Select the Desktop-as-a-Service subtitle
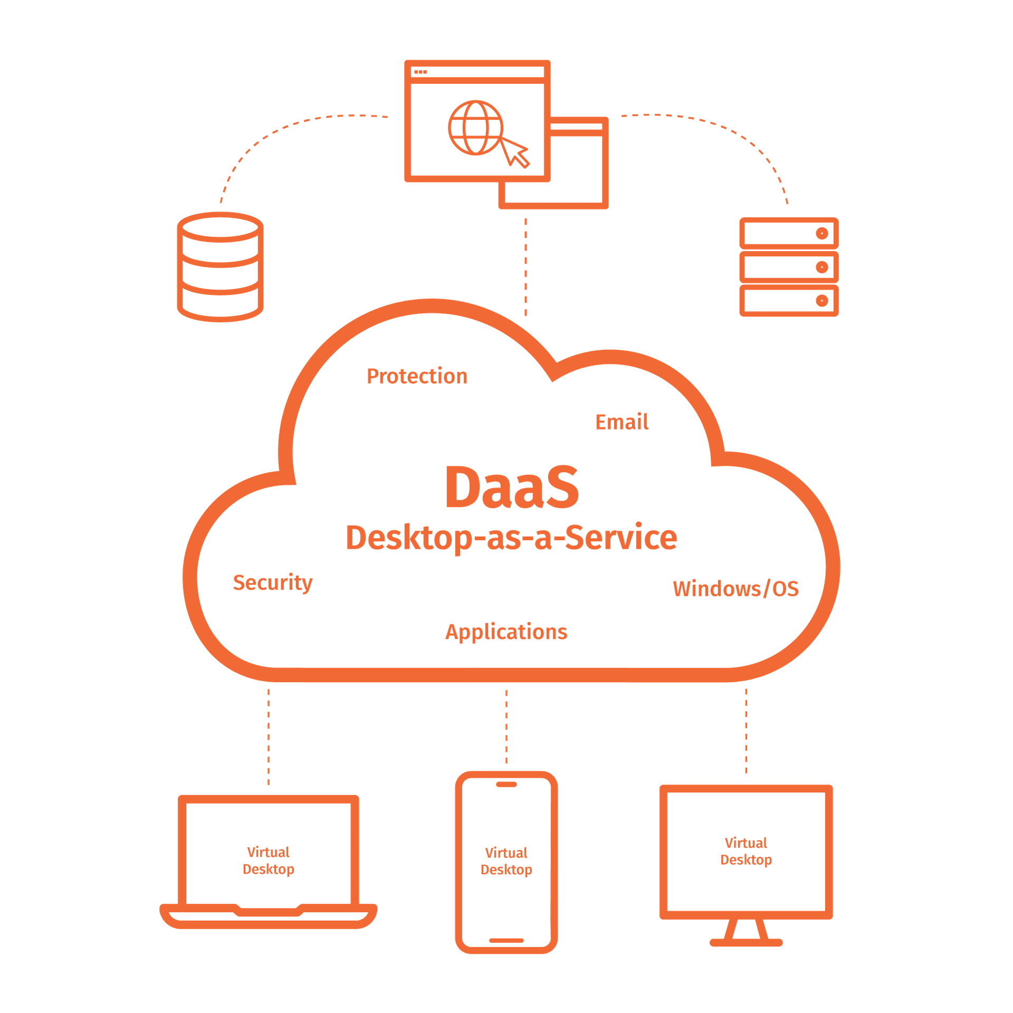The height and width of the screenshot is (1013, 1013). pos(511,538)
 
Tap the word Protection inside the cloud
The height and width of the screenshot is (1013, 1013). pos(417,376)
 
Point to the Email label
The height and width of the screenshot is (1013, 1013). pos(622,422)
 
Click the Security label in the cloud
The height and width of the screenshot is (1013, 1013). pos(272,582)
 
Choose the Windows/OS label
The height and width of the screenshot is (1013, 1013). pos(735,588)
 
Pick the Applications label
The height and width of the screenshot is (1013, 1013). pos(506,632)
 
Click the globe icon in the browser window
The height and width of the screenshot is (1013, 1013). pos(475,128)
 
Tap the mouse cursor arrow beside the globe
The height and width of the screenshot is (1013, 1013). pos(515,152)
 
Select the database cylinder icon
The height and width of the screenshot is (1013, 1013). pos(220,266)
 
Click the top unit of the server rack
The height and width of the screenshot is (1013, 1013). pos(788,233)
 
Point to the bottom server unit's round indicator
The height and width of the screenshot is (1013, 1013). pos(821,301)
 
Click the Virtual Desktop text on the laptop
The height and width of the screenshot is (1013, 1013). pos(268,861)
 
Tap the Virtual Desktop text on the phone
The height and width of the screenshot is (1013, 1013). pos(506,861)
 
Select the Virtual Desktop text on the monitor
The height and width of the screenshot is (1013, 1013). pos(746,851)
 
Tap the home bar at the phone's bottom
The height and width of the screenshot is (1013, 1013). pos(506,940)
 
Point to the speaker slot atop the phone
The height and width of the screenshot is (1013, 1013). pos(506,784)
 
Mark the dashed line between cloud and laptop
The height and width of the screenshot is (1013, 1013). pos(269,736)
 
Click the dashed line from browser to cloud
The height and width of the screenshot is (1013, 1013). pos(525,266)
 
